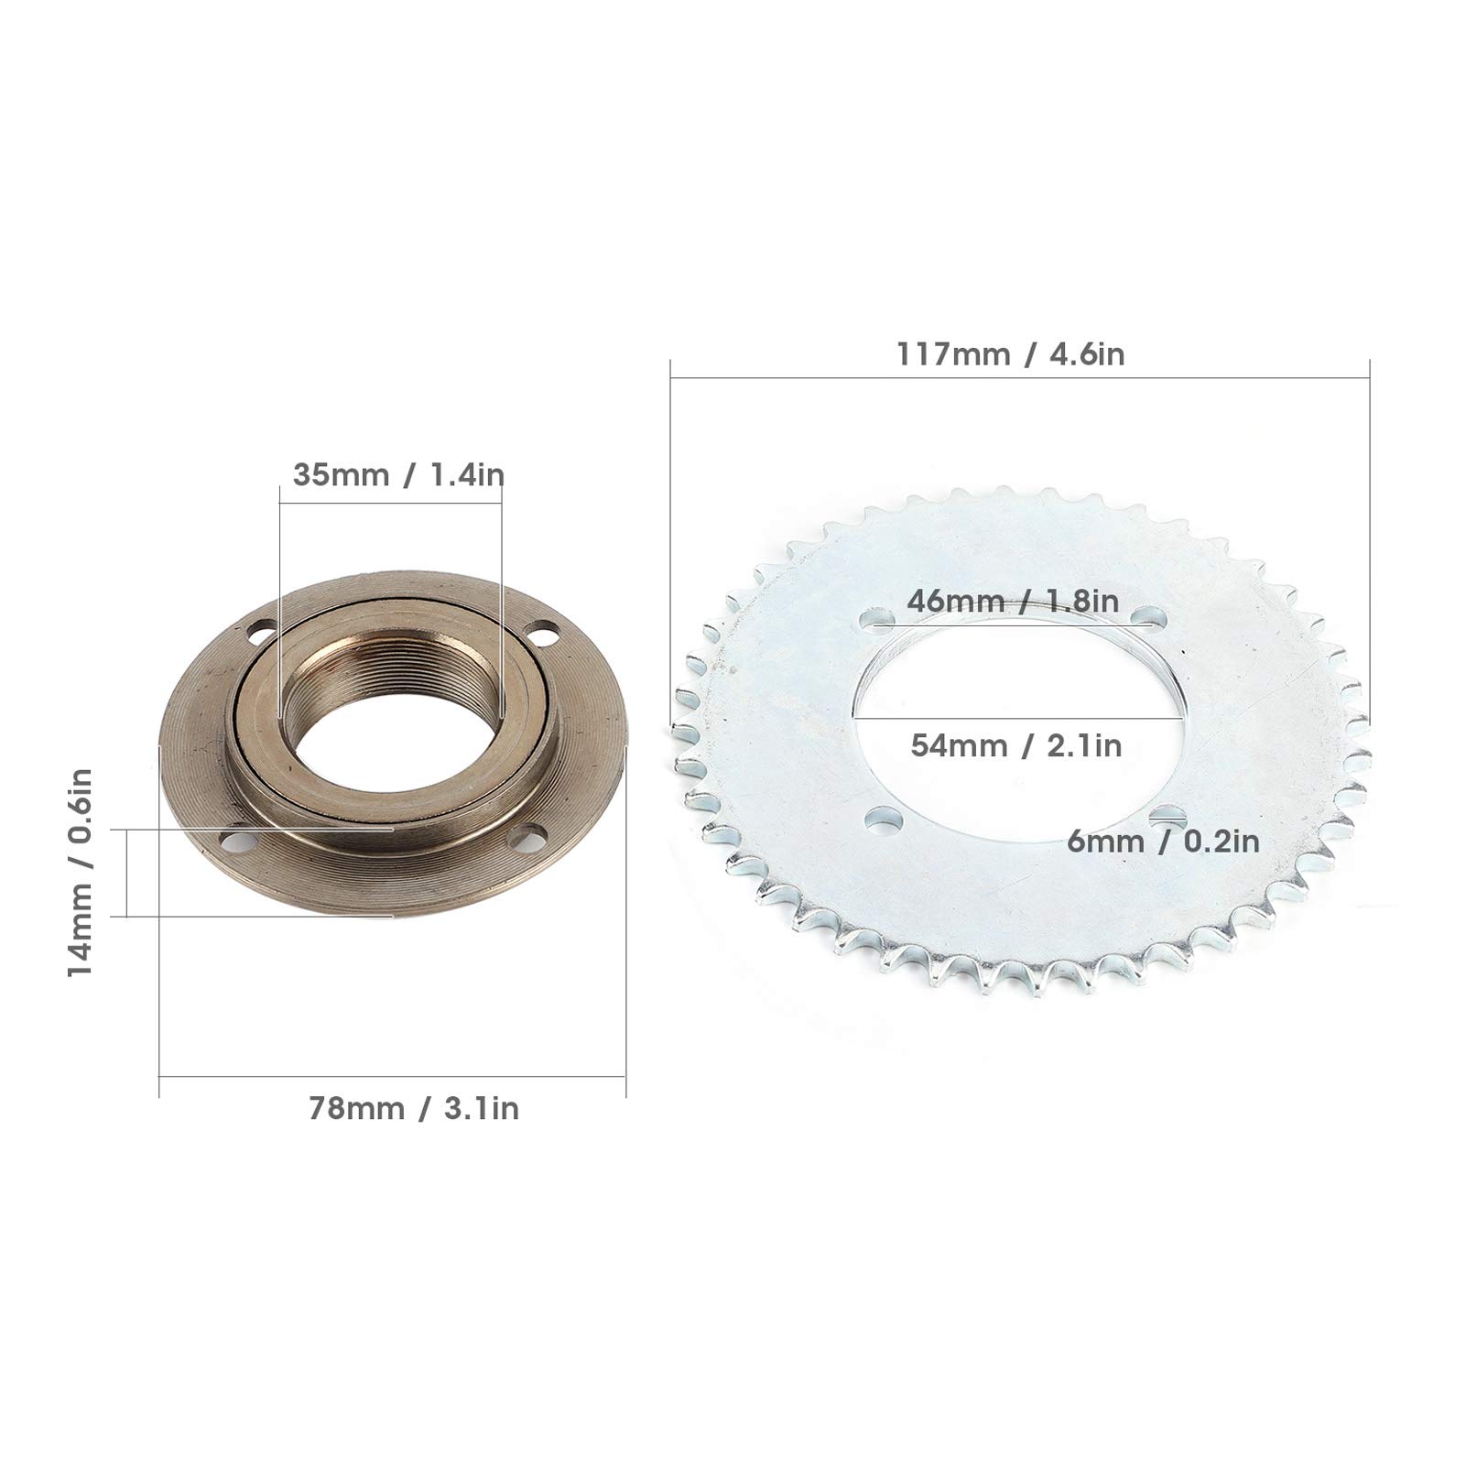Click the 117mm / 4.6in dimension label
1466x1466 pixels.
pos(1010,354)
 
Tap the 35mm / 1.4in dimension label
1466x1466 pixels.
pos(398,475)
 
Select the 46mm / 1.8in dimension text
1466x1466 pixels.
pos(1013,602)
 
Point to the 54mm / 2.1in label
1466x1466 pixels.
pos(1015,745)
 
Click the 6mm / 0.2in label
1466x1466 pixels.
pos(1163,841)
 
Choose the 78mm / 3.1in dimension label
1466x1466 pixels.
pos(413,1109)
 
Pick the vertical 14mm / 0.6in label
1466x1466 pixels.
pos(81,872)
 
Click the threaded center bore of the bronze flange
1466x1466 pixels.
pos(391,723)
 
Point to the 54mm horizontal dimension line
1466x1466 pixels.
pos(1016,718)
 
